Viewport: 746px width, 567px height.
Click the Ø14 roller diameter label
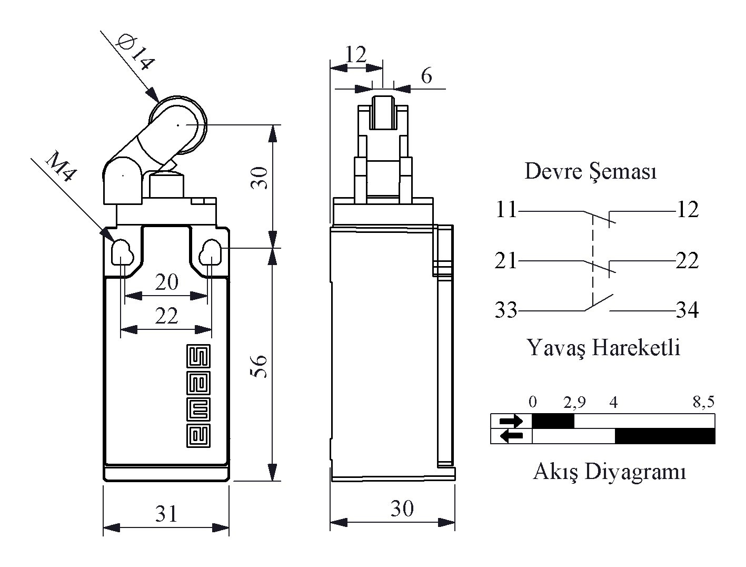coord(136,51)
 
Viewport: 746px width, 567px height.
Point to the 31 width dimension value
coord(166,513)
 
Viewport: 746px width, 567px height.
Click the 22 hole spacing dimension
coord(166,316)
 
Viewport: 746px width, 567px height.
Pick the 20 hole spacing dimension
coord(166,282)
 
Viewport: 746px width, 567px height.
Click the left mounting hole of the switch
coord(122,251)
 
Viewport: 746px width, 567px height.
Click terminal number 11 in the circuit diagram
coord(506,210)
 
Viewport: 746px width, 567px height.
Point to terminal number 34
coord(687,310)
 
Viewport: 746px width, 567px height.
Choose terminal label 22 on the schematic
coord(687,261)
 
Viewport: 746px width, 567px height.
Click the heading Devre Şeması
coord(590,171)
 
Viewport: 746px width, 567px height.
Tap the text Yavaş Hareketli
coord(603,347)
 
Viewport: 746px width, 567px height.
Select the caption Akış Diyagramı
coord(609,471)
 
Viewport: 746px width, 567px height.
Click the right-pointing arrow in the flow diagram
coord(511,421)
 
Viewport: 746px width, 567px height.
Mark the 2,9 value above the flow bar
coord(574,403)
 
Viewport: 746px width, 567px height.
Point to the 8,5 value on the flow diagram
coord(703,403)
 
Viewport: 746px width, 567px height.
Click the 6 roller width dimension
coord(426,76)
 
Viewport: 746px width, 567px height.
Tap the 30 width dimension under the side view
coord(402,509)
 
